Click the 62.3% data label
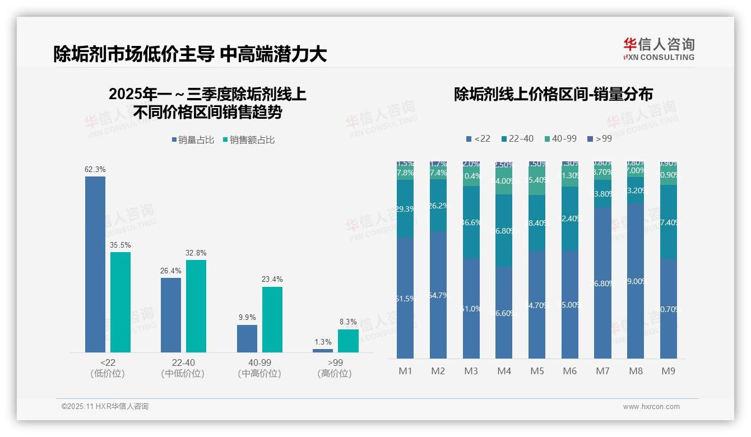coord(95,169)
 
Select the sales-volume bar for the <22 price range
coord(95,264)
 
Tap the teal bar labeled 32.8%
coord(196,306)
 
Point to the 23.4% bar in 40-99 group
coord(272,319)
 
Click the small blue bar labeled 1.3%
coord(323,350)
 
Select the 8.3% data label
coord(348,322)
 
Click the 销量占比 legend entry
coord(193,140)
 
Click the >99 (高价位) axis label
coord(335,368)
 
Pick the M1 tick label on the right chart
coord(405,371)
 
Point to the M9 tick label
coord(668,371)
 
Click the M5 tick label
coord(537,371)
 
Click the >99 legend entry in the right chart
coord(600,138)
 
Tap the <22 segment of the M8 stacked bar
coord(636,280)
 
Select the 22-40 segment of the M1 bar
coord(405,208)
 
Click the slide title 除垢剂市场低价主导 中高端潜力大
coord(190,54)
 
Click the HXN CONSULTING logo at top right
coord(659,49)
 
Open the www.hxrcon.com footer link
coord(651,407)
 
